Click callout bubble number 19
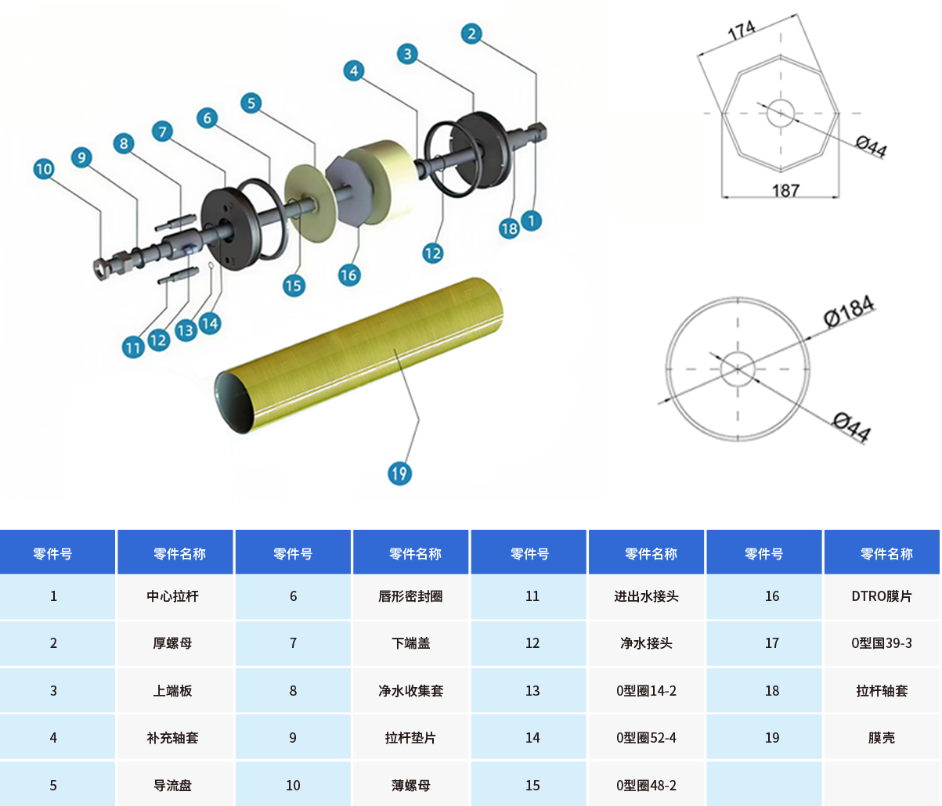(x=399, y=473)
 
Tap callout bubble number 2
(x=471, y=34)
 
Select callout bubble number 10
(x=44, y=169)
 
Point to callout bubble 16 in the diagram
(x=348, y=275)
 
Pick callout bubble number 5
(x=251, y=103)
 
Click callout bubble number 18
(x=509, y=228)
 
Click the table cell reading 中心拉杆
(x=173, y=596)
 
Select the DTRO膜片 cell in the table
(x=881, y=596)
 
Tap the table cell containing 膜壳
(x=881, y=737)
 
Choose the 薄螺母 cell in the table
(x=410, y=785)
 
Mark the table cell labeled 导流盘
(x=173, y=785)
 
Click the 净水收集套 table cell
(x=410, y=690)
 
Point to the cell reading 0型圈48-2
(x=646, y=785)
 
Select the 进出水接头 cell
(x=646, y=596)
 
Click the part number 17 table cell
(x=772, y=642)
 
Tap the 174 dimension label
(x=741, y=31)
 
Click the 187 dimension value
(x=785, y=190)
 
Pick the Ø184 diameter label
(x=849, y=311)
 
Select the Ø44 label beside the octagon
(x=871, y=146)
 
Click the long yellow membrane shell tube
(x=360, y=352)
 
